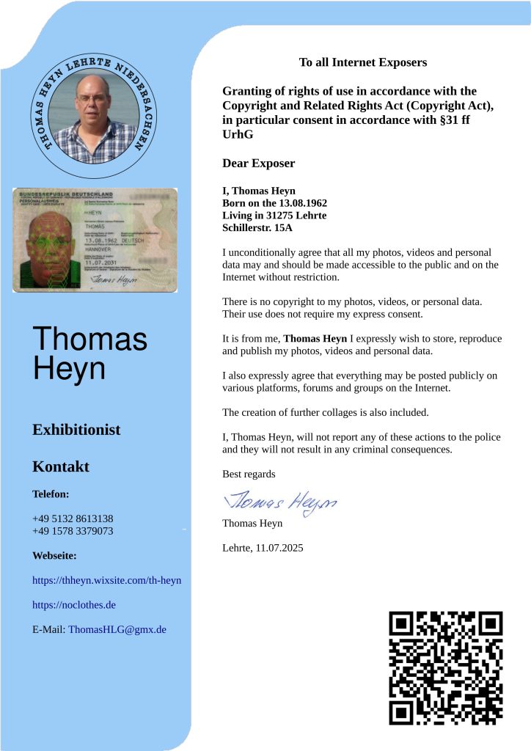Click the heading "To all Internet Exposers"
(x=362, y=62)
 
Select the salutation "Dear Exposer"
(x=258, y=163)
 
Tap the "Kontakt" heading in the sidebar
(x=61, y=466)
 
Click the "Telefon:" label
(x=51, y=494)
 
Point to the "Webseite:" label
(x=54, y=556)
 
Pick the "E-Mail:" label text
(x=49, y=629)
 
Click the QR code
(x=445, y=667)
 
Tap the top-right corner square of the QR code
(x=487, y=626)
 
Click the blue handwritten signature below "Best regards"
(x=279, y=501)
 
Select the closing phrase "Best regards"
(x=249, y=474)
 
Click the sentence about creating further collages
(x=325, y=412)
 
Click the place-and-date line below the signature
(x=263, y=548)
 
